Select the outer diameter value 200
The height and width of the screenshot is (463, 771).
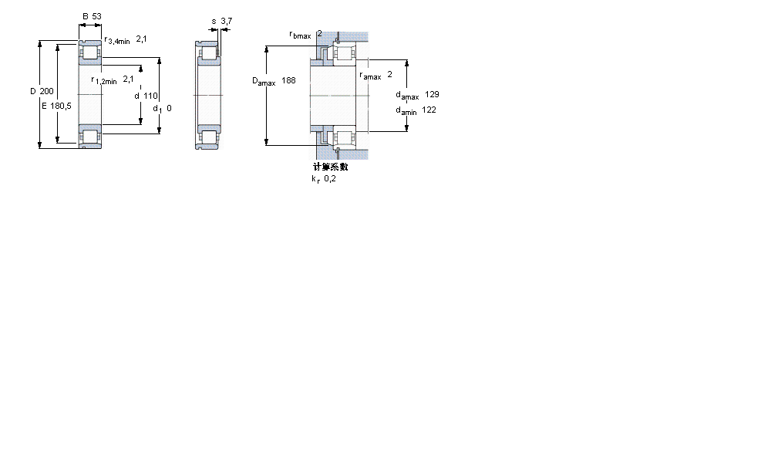coord(46,91)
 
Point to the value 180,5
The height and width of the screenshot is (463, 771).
coord(62,106)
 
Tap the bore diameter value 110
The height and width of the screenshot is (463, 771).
coord(151,96)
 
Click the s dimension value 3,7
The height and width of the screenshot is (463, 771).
coord(226,22)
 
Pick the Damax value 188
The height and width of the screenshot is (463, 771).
coord(288,80)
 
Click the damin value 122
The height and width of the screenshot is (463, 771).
coord(429,110)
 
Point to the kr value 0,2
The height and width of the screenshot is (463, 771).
coord(329,179)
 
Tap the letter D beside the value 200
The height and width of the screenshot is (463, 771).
coord(33,91)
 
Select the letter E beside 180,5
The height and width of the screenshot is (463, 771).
coord(44,106)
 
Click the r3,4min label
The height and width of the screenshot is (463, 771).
coord(116,40)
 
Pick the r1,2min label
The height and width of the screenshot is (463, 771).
coord(104,79)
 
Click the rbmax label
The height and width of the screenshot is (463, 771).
coord(300,35)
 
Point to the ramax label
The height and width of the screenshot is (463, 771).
coord(370,76)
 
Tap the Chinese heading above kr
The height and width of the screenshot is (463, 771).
coord(330,167)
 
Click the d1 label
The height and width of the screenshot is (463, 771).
coord(157,109)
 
